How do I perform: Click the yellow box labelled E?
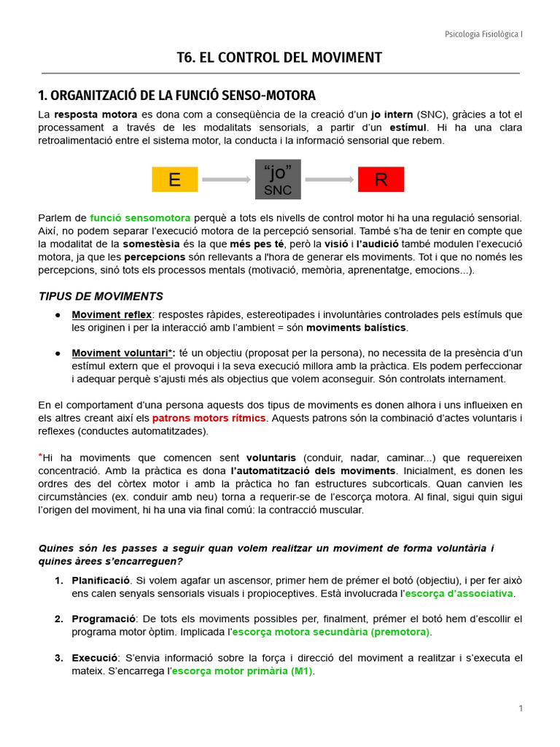click(x=174, y=179)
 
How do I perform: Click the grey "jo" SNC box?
click(x=278, y=179)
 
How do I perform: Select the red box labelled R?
click(x=381, y=179)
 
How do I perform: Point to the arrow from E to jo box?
click(x=226, y=179)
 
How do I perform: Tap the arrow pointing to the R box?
click(x=329, y=179)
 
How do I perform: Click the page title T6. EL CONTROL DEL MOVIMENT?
click(x=280, y=58)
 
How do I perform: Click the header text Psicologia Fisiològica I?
click(x=483, y=34)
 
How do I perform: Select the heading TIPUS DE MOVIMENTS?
click(x=101, y=296)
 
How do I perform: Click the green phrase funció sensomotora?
click(x=140, y=217)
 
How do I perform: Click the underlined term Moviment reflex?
click(x=112, y=314)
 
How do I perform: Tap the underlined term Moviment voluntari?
click(x=121, y=353)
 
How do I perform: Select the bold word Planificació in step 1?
click(x=101, y=581)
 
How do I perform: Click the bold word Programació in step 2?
click(x=102, y=619)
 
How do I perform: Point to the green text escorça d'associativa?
click(x=459, y=593)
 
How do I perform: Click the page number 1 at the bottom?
click(x=521, y=708)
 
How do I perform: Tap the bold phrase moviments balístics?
click(x=357, y=328)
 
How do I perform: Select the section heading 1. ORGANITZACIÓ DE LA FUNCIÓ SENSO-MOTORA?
click(x=176, y=96)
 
